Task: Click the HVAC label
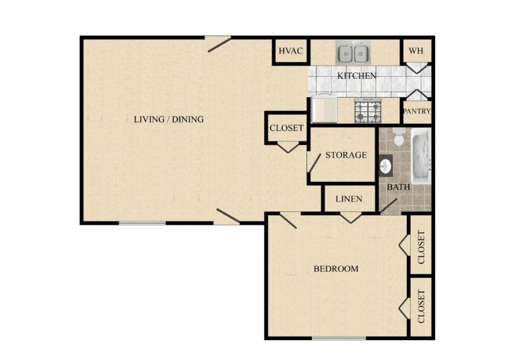[x=290, y=51]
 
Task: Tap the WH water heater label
[x=416, y=51]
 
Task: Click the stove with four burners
[x=367, y=110]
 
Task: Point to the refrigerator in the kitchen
[x=324, y=109]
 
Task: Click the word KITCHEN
[x=357, y=76]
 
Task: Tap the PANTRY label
[x=416, y=111]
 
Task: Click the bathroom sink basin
[x=385, y=166]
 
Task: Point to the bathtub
[x=420, y=156]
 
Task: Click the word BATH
[x=398, y=187]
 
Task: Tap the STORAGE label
[x=346, y=155]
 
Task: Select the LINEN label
[x=349, y=199]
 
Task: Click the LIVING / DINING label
[x=169, y=119]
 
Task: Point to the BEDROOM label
[x=336, y=269]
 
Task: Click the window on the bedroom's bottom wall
[x=339, y=338]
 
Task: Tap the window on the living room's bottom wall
[x=143, y=223]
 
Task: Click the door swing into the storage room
[x=314, y=163]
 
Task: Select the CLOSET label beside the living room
[x=286, y=128]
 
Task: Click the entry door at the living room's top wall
[x=219, y=45]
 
